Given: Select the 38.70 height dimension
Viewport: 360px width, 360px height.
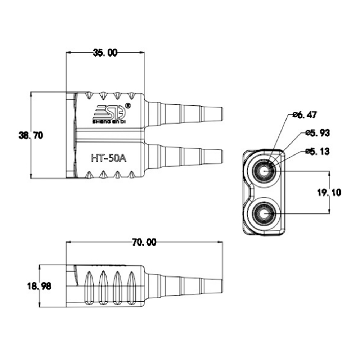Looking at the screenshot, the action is point(31,135).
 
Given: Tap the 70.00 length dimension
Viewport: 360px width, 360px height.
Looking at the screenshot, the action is point(144,242).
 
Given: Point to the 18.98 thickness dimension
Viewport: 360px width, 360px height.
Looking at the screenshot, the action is point(39,286).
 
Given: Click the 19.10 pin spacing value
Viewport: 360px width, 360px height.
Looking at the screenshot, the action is point(329,192).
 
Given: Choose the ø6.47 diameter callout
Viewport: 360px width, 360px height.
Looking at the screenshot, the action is point(305,114).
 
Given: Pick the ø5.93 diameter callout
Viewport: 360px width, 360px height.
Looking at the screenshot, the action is point(318,133).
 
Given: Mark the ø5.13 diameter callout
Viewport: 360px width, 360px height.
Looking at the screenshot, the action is point(318,152).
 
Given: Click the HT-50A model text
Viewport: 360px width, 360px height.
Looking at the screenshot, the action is point(109,158).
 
